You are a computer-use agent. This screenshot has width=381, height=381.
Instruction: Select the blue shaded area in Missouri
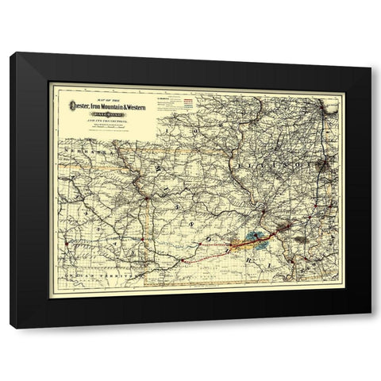(253, 235)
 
